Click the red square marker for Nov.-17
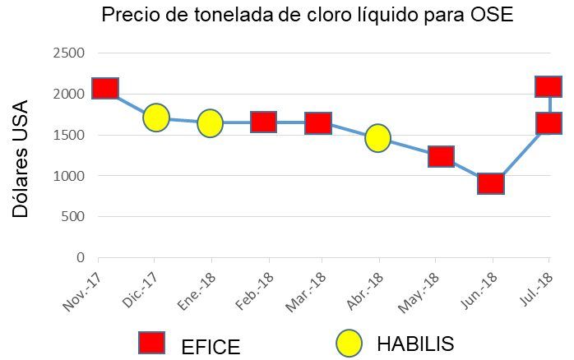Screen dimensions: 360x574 click(x=105, y=88)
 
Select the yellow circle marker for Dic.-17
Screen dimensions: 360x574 click(x=156, y=118)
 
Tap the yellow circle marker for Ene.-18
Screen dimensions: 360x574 click(x=211, y=123)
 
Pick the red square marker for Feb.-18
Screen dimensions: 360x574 click(x=263, y=122)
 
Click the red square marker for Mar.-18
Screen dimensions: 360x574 click(x=318, y=123)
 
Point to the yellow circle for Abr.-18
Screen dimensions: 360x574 click(x=377, y=137)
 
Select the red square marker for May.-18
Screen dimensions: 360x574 click(x=442, y=156)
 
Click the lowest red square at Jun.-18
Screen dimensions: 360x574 click(x=491, y=183)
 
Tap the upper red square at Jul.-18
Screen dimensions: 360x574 click(x=549, y=86)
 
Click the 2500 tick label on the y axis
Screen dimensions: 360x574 click(x=69, y=53)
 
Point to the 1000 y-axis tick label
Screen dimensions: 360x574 click(x=69, y=176)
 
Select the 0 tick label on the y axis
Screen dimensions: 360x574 click(x=81, y=257)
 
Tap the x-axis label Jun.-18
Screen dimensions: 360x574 click(x=479, y=291)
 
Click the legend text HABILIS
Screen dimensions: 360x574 click(x=414, y=344)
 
